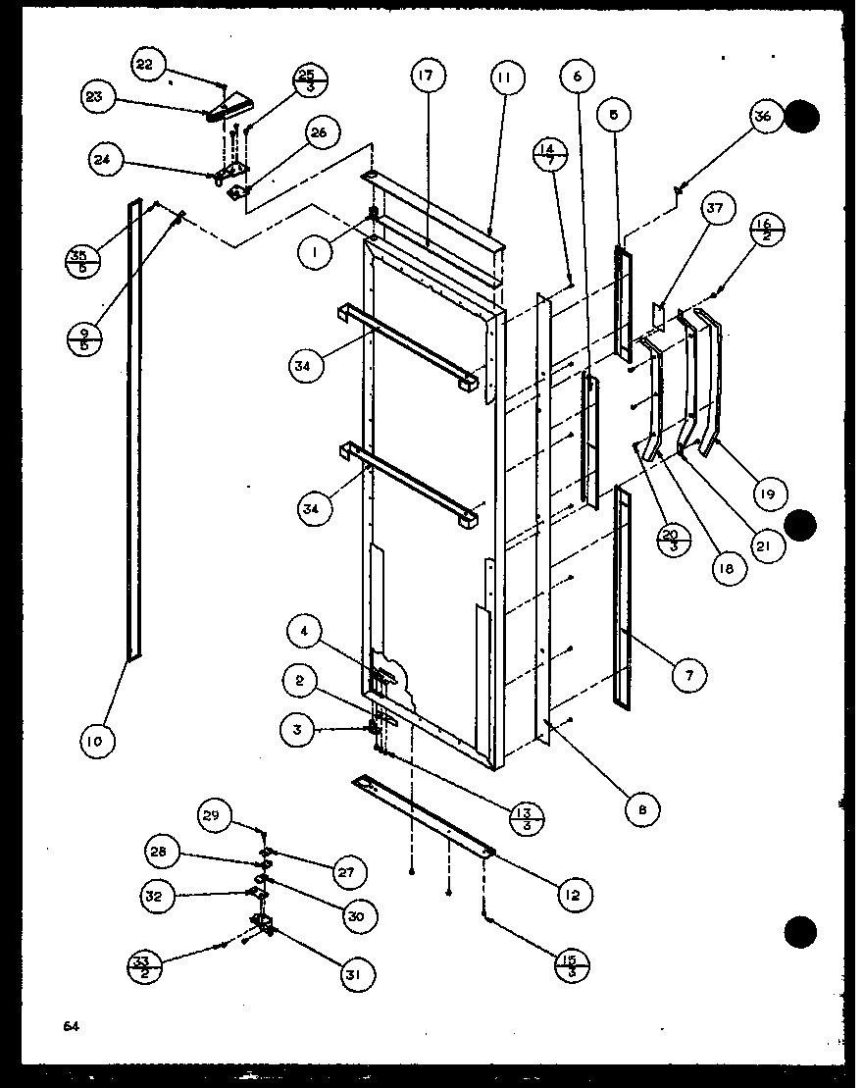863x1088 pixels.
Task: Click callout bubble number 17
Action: (428, 77)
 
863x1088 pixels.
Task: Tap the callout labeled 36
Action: (764, 117)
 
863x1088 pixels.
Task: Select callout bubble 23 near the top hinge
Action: (99, 97)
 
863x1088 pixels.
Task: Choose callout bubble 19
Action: (767, 494)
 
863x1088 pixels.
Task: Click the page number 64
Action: (70, 1026)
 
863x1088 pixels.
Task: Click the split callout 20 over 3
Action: (672, 540)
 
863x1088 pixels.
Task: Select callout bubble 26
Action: (320, 132)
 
